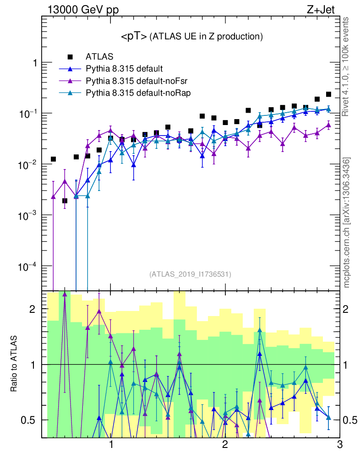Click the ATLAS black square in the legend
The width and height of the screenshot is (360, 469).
point(70,57)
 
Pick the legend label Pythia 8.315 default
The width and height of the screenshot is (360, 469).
point(124,69)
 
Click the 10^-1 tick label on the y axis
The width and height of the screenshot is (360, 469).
point(29,114)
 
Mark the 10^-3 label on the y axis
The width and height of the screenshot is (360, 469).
point(29,215)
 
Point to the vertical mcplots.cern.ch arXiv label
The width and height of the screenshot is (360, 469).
point(347,223)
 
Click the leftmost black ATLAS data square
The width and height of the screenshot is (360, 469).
point(54,159)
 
